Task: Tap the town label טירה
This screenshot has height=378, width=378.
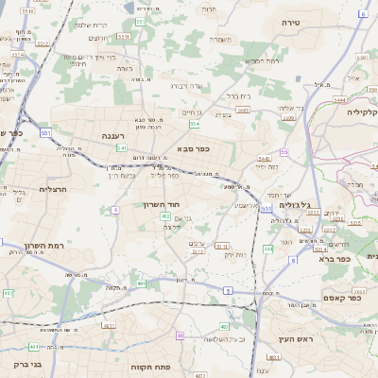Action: (290, 20)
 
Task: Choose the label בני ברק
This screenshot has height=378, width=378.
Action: (27, 363)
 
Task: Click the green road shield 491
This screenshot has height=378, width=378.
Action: (141, 283)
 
